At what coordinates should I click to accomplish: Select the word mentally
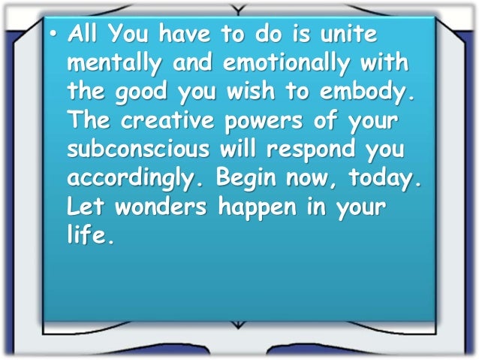(116, 66)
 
